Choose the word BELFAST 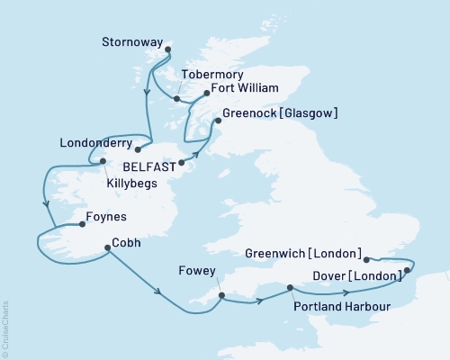(149, 165)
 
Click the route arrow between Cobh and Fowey (158, 292)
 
